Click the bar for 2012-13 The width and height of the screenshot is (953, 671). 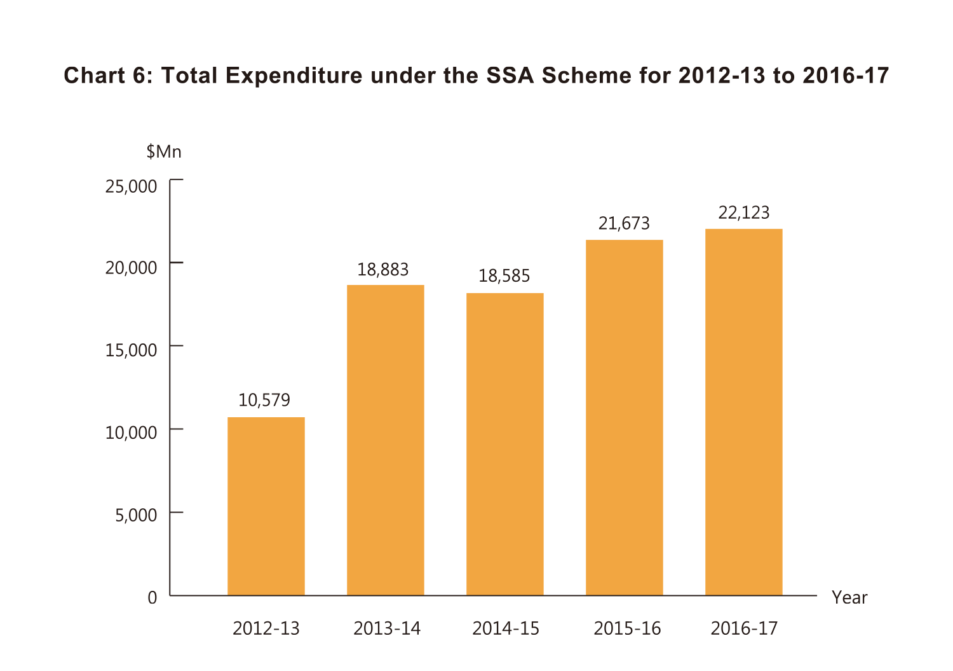pyautogui.click(x=266, y=506)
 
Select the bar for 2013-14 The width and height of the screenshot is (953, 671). pyautogui.click(x=385, y=440)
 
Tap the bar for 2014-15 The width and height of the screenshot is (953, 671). pyautogui.click(x=504, y=444)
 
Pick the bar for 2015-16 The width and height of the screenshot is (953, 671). pyautogui.click(x=624, y=417)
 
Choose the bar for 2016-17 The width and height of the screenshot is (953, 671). pyautogui.click(x=743, y=412)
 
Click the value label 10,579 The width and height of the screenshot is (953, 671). pyautogui.click(x=264, y=400)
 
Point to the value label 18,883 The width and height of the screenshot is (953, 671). pyautogui.click(x=383, y=270)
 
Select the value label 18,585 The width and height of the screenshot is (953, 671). pyautogui.click(x=504, y=276)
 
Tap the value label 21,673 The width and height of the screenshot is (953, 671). pyautogui.click(x=624, y=223)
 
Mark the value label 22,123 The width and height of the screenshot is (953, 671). pyautogui.click(x=744, y=212)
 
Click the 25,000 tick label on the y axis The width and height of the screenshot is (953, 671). pyautogui.click(x=131, y=186)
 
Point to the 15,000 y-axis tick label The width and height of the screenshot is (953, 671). pyautogui.click(x=131, y=350)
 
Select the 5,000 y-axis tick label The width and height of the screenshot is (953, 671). pyautogui.click(x=136, y=515)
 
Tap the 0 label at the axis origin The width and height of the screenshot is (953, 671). pyautogui.click(x=152, y=598)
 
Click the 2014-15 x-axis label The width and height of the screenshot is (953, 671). pyautogui.click(x=506, y=629)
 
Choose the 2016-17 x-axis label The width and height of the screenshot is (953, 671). pyautogui.click(x=744, y=629)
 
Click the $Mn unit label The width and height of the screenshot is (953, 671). pyautogui.click(x=164, y=152)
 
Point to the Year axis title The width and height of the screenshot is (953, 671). pyautogui.click(x=849, y=598)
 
